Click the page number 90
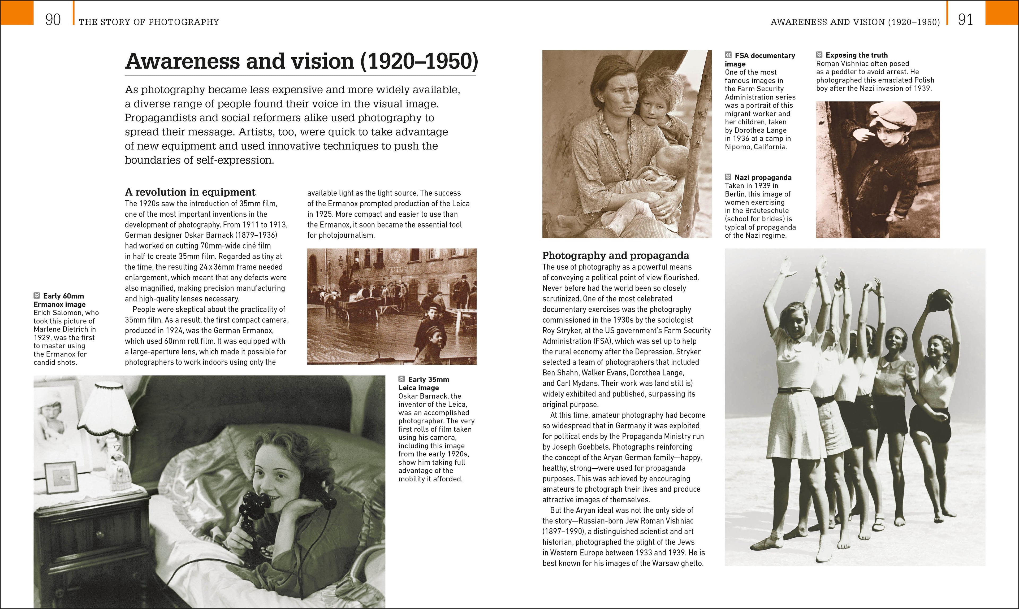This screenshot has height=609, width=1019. [53, 20]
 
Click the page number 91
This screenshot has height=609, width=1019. [965, 20]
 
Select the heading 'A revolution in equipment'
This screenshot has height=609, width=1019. [190, 192]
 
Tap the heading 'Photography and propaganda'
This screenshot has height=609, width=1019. [615, 255]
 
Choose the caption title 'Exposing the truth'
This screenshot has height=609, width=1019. [856, 55]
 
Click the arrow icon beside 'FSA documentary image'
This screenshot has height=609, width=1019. [728, 55]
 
